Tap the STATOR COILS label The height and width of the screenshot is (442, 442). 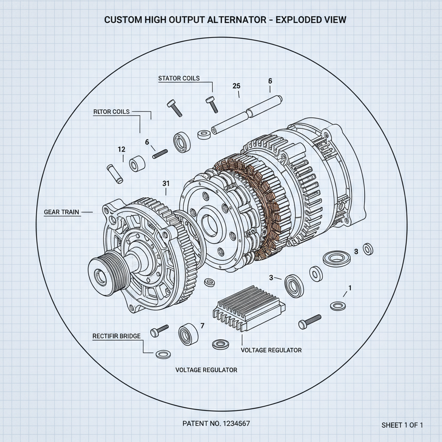coord(179,78)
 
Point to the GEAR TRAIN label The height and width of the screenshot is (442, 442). coord(62,212)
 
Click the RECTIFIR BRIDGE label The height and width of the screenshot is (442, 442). coord(117,336)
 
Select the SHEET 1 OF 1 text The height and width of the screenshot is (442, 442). coord(402,425)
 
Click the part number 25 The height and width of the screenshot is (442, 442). coord(236,85)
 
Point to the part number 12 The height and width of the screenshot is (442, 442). coord(121,149)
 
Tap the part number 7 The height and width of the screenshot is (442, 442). coord(201,326)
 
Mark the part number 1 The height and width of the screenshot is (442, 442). coord(350,288)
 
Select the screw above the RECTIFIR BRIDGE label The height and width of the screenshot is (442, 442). coord(159,331)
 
